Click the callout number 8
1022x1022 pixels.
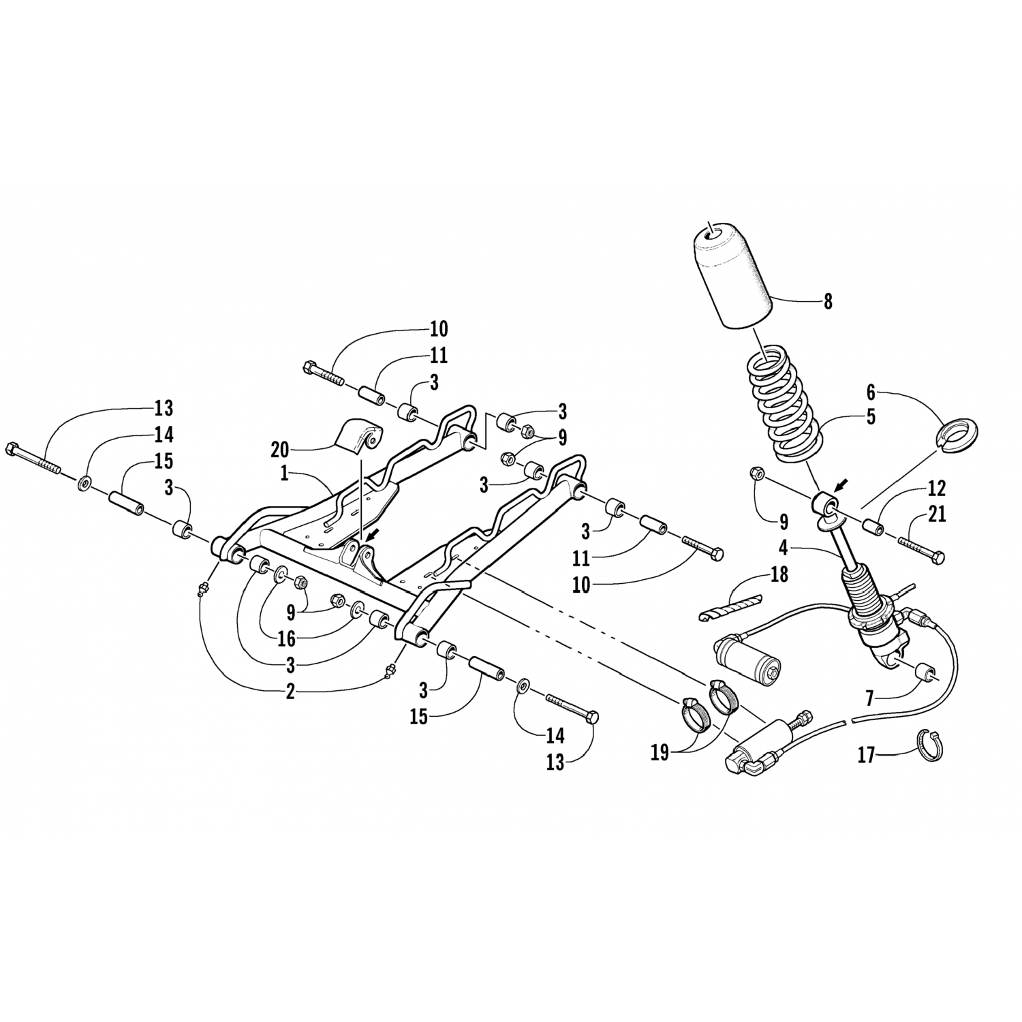click(x=828, y=301)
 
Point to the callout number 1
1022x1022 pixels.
click(x=284, y=474)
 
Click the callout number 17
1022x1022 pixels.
click(x=866, y=756)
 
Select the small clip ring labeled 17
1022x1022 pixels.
click(x=929, y=744)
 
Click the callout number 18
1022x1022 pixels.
click(x=778, y=574)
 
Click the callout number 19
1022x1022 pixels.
click(x=660, y=754)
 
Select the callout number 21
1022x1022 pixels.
click(x=938, y=514)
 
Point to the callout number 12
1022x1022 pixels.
click(x=937, y=489)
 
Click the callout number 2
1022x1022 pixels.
click(x=290, y=692)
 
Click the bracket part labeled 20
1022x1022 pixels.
click(x=360, y=436)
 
